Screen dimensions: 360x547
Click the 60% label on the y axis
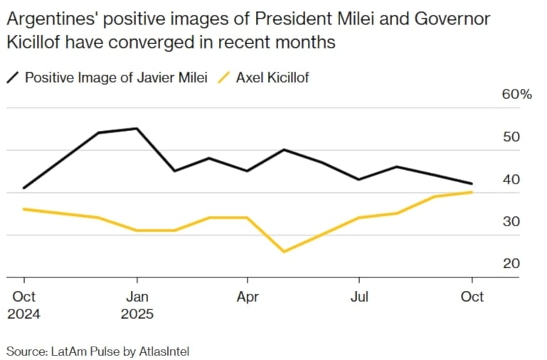pyautogui.click(x=517, y=95)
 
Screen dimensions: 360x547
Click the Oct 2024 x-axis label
pyautogui.click(x=23, y=305)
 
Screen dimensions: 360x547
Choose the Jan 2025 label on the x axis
pyautogui.click(x=137, y=305)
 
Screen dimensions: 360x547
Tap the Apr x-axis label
pyautogui.click(x=248, y=296)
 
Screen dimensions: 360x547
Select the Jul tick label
pyautogui.click(x=360, y=296)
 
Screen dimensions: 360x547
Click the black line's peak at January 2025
pyautogui.click(x=136, y=129)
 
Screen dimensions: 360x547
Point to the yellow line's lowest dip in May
pyautogui.click(x=285, y=251)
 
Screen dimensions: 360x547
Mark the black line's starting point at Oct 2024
pyautogui.click(x=24, y=188)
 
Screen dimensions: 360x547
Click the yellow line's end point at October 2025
pyautogui.click(x=472, y=192)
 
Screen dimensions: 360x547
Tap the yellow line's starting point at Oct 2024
pyautogui.click(x=24, y=209)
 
